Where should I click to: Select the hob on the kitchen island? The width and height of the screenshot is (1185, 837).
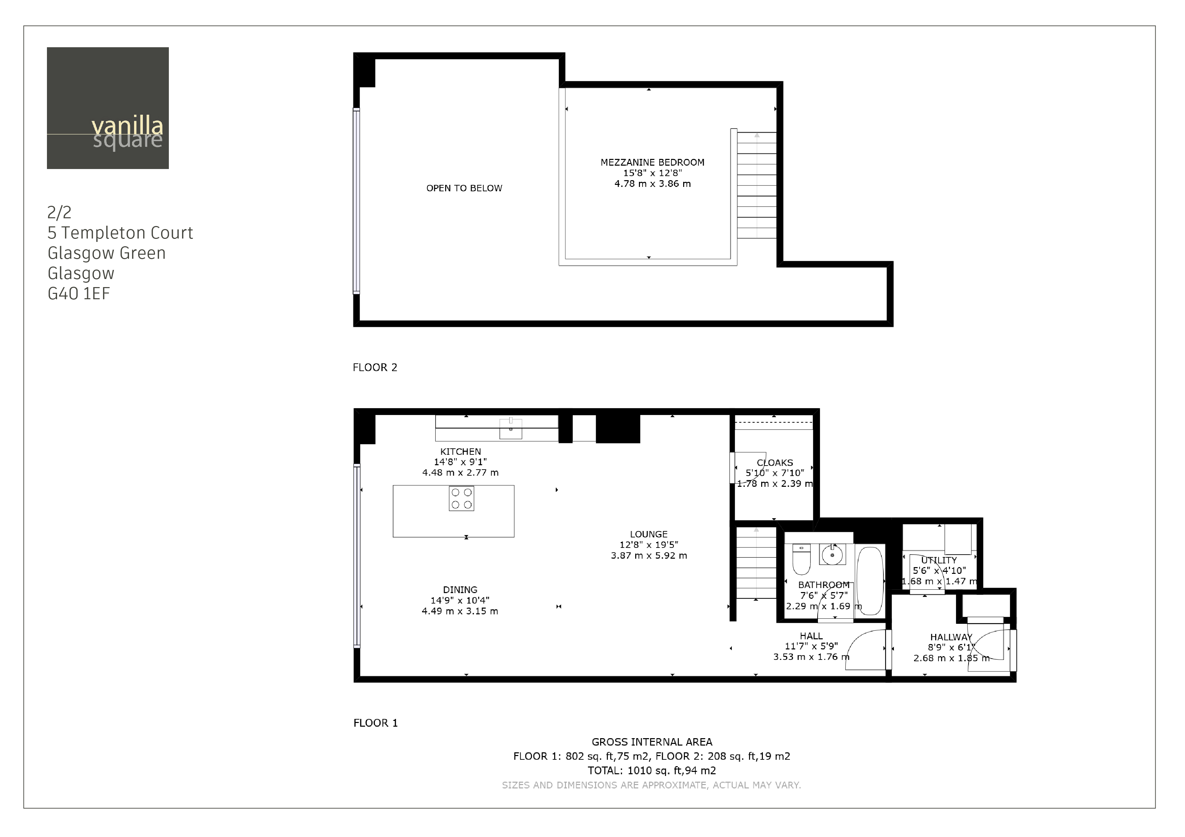tap(461, 499)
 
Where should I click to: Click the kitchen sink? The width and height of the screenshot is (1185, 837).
tap(510, 428)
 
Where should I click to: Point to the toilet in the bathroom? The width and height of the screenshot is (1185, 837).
tap(801, 560)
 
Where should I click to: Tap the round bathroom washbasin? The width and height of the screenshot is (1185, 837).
tap(832, 555)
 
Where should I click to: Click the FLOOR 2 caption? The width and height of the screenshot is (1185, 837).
tap(375, 367)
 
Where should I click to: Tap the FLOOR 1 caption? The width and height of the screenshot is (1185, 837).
tap(375, 723)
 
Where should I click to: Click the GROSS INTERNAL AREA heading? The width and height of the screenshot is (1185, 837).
tap(651, 742)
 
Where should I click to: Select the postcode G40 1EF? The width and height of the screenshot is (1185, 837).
tap(78, 294)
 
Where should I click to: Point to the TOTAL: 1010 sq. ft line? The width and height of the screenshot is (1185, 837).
tap(651, 771)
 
